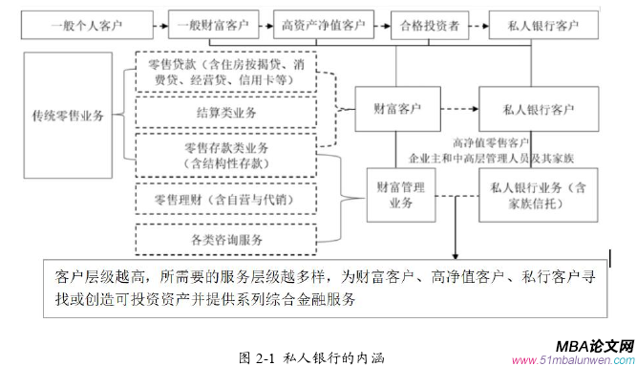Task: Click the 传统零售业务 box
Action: coord(70,117)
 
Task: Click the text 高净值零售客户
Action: coord(494,142)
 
